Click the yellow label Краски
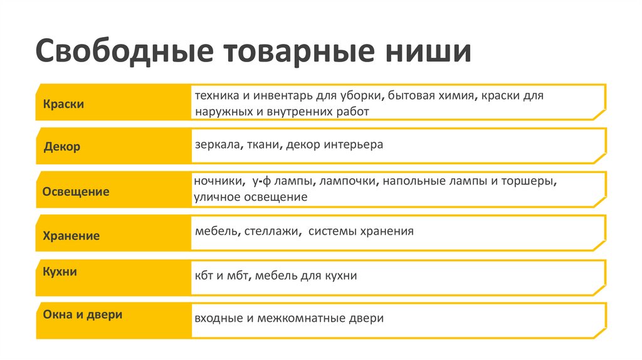[x=63, y=104]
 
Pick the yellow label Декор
[x=62, y=147]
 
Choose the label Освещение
[x=76, y=191]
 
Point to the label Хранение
[x=71, y=236]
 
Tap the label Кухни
[x=60, y=272]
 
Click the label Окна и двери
[x=83, y=314]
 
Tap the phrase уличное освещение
[x=251, y=197]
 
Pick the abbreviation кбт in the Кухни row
[x=203, y=275]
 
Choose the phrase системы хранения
[x=361, y=231]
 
